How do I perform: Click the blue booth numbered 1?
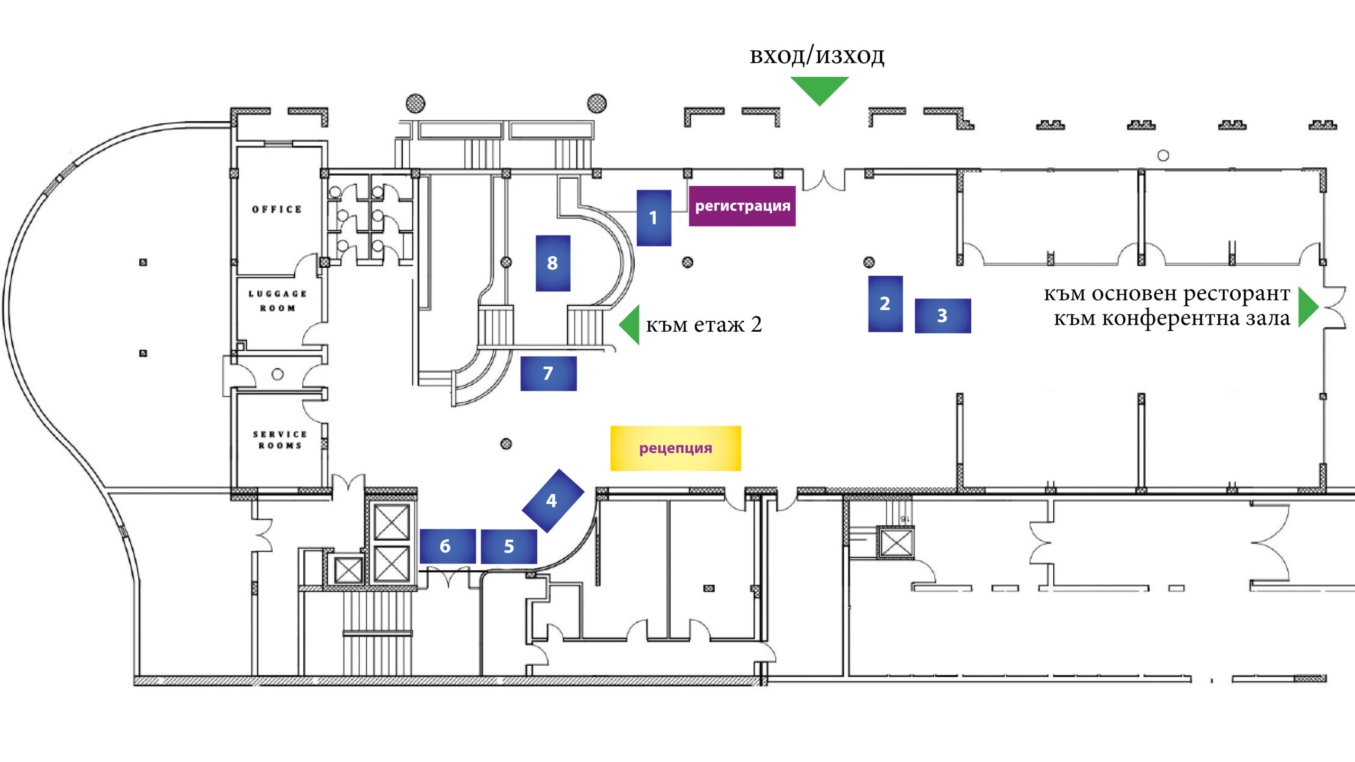pos(654,217)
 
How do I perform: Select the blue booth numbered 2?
pos(885,304)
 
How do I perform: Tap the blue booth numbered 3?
pos(943,315)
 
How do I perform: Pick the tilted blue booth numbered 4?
pos(553,500)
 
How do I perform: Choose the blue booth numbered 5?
pos(509,546)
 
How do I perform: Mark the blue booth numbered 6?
pos(447,546)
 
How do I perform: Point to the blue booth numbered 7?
pos(548,374)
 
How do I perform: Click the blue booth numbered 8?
pos(553,263)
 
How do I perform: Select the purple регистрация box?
pos(742,206)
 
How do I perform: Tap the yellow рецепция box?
pos(675,448)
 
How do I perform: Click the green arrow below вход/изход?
pos(819,89)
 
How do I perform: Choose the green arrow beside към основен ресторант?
pos(1307,307)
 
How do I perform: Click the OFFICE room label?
pos(277,210)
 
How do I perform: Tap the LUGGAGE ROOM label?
pos(277,301)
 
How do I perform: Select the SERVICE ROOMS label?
pos(280,440)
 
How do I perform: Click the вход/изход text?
pos(817,56)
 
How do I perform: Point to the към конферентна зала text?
pos(1171,319)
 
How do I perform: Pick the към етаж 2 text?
pos(703,324)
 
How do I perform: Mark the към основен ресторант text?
pos(1167,293)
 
